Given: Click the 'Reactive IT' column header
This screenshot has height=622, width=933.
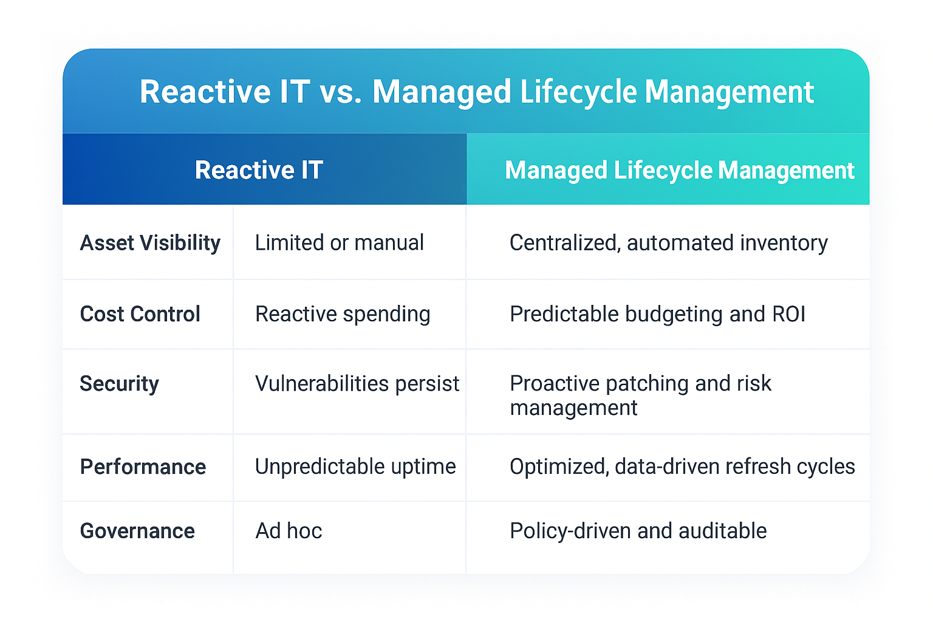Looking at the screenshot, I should pos(259,170).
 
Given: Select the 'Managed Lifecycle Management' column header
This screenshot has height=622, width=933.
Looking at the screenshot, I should pos(679,171).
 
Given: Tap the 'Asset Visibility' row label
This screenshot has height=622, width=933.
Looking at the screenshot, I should pos(150,243).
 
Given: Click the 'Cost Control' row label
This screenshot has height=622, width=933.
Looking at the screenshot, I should pos(140,314).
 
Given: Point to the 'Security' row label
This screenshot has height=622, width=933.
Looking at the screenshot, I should pos(120,384).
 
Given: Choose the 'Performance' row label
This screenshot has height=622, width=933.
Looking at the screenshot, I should pos(143,467).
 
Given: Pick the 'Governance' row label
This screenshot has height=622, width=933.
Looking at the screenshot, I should pos(138,531).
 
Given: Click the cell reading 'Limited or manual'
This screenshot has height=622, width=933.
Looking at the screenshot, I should pos(339,243).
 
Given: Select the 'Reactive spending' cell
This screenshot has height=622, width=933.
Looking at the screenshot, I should pos(343,314).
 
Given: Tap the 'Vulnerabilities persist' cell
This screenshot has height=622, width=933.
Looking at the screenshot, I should pos(357,384).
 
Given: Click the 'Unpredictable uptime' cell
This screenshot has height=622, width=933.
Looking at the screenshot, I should pos(355,466).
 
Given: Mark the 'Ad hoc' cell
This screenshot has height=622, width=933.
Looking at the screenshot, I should pos(289,531).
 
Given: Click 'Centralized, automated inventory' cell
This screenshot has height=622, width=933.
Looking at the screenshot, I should pos(668,243).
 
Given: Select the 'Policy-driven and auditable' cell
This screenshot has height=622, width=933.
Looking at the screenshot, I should pos(638,531).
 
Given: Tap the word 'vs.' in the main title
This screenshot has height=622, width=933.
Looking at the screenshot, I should pos(341,92).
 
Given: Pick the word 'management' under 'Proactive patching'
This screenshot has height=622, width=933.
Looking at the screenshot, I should pos(573,408).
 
